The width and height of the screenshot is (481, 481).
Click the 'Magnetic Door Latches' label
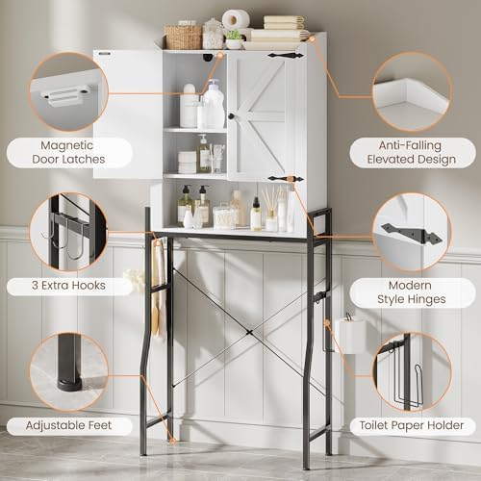(x=68, y=152)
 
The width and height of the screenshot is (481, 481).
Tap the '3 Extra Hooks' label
(x=68, y=285)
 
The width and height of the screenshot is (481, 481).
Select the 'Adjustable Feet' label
(x=68, y=425)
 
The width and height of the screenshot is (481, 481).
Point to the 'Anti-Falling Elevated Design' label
(x=412, y=152)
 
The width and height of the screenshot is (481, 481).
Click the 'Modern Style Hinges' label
(x=412, y=292)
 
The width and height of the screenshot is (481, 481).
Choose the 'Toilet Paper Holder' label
(x=412, y=425)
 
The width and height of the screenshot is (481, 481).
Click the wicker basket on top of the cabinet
(x=183, y=38)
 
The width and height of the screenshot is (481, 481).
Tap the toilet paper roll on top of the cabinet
(x=236, y=19)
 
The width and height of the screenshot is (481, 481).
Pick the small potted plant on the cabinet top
(x=234, y=39)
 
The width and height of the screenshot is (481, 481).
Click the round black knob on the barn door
(x=231, y=116)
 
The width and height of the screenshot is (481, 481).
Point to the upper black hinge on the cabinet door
(x=286, y=56)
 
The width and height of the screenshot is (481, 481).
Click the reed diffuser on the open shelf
(x=271, y=209)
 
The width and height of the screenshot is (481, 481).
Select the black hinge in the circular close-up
(x=412, y=234)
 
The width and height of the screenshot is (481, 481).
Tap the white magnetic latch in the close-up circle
(x=63, y=96)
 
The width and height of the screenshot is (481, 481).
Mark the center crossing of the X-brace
(x=249, y=333)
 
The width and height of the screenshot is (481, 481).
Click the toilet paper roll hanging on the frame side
(x=349, y=335)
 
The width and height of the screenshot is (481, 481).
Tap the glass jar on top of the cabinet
(x=213, y=34)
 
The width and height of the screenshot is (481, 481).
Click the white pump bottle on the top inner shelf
(x=214, y=104)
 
